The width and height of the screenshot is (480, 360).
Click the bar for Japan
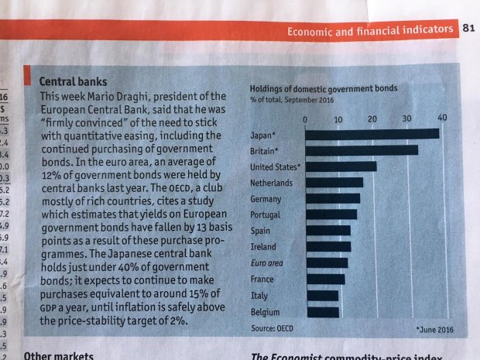coord(372,133)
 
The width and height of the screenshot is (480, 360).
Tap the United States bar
coord(341,166)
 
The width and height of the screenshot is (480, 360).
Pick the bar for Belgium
coord(322,313)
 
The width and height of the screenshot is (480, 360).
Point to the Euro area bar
coord(327,263)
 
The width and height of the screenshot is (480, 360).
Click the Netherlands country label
coord(271,183)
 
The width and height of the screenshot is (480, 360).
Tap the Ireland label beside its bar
coord(262,246)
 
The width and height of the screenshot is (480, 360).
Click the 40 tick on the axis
coord(442,117)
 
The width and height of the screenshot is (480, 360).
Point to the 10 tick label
coord(338,120)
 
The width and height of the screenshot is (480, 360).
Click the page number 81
coord(468,29)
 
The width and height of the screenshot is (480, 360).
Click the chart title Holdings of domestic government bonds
coord(324,87)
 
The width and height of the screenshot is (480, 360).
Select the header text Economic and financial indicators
coord(370,30)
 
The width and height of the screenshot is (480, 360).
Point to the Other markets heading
coord(59,355)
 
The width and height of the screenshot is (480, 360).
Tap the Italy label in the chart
coord(259,296)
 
